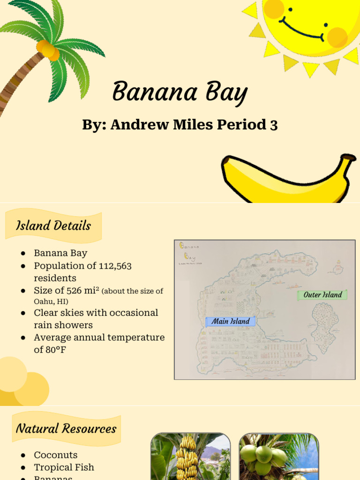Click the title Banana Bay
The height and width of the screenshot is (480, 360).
pyautogui.click(x=180, y=92)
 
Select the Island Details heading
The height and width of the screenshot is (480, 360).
pyautogui.click(x=53, y=226)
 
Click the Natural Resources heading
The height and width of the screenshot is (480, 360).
pyautogui.click(x=66, y=428)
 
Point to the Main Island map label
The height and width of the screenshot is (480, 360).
pyautogui.click(x=231, y=322)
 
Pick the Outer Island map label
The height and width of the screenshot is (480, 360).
pyautogui.click(x=322, y=295)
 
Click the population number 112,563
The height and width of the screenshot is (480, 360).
pyautogui.click(x=115, y=266)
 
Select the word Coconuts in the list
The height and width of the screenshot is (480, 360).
pyautogui.click(x=56, y=455)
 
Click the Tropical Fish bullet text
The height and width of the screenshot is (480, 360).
pyautogui.click(x=64, y=467)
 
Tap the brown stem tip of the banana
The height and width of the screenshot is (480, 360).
pyautogui.click(x=348, y=157)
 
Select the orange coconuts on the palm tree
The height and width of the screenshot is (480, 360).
pyautogui.click(x=48, y=50)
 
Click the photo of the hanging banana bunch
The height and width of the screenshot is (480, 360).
pyautogui.click(x=190, y=457)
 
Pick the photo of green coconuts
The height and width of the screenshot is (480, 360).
pyautogui.click(x=278, y=457)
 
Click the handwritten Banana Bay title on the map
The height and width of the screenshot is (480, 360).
pyautogui.click(x=189, y=251)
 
